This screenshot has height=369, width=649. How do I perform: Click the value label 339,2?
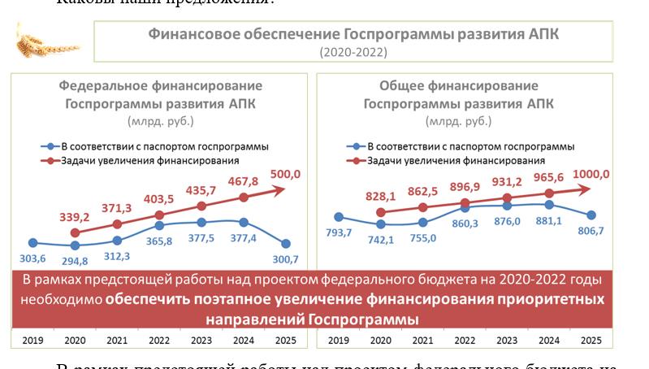coord(74,217)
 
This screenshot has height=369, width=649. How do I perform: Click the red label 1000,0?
coord(591,173)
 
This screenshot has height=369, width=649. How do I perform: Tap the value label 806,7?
coord(590,231)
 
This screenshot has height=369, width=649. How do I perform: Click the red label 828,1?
coord(380,196)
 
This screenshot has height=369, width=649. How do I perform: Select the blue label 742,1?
coord(379,240)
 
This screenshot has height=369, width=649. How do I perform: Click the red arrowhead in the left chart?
coord(281,190)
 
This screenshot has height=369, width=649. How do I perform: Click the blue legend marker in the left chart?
coord(50,147)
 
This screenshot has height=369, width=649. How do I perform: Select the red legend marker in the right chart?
coord(356,161)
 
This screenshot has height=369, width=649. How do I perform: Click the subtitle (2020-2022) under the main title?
coord(353,52)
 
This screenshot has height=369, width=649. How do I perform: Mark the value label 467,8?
coord(243,181)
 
